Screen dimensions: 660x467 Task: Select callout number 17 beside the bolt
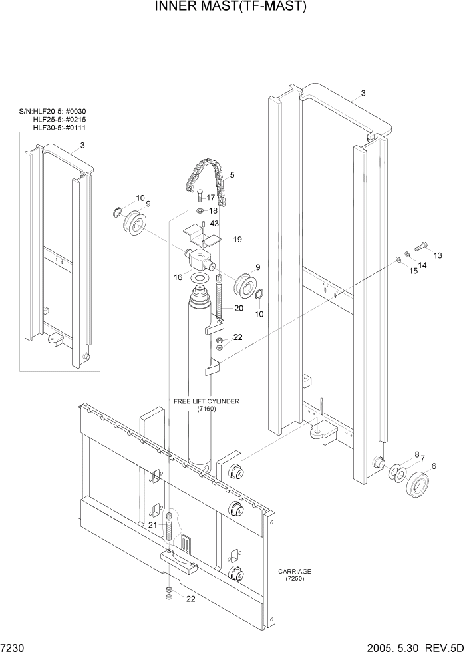click(x=210, y=198)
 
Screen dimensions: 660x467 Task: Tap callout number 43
click(x=214, y=224)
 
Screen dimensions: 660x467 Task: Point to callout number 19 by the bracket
click(x=237, y=239)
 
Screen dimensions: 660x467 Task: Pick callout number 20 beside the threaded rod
click(x=238, y=308)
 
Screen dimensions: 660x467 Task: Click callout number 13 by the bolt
click(x=437, y=255)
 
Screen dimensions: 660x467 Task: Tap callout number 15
click(x=413, y=271)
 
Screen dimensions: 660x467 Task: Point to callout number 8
click(x=416, y=455)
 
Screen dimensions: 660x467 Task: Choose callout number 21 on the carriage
click(x=152, y=525)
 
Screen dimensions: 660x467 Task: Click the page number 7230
click(x=12, y=649)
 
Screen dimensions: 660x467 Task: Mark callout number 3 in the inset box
click(x=82, y=145)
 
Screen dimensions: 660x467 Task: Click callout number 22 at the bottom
click(x=191, y=599)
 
